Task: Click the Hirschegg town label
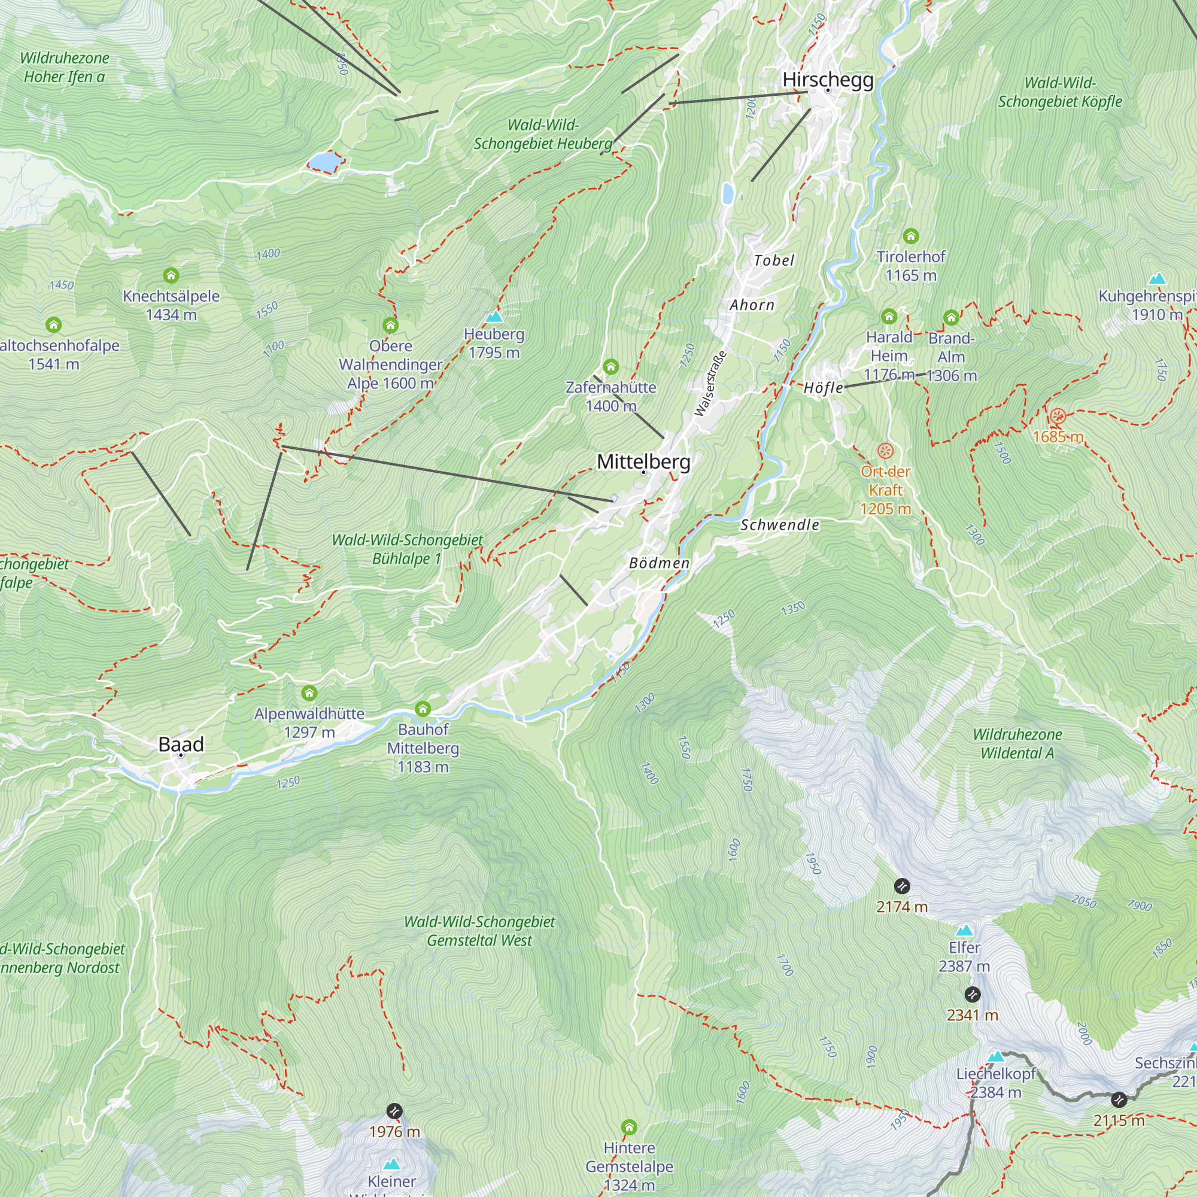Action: [828, 80]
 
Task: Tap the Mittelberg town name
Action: [643, 461]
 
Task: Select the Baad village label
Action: [181, 744]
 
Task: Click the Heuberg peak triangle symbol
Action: [494, 317]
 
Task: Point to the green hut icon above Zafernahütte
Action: [611, 367]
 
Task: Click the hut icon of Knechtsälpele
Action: [171, 275]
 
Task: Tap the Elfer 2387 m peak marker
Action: [964, 931]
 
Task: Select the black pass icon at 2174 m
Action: [902, 886]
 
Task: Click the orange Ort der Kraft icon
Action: [885, 451]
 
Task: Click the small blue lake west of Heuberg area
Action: [324, 162]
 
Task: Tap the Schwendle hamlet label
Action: [779, 525]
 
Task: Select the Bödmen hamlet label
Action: [659, 563]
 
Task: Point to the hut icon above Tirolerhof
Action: [910, 236]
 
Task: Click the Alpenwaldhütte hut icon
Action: [309, 692]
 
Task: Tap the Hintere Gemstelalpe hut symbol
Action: [629, 1126]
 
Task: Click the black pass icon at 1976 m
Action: [394, 1111]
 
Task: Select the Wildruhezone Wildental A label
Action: [1017, 743]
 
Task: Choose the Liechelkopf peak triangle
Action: [995, 1056]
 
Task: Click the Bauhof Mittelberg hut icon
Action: [423, 708]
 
